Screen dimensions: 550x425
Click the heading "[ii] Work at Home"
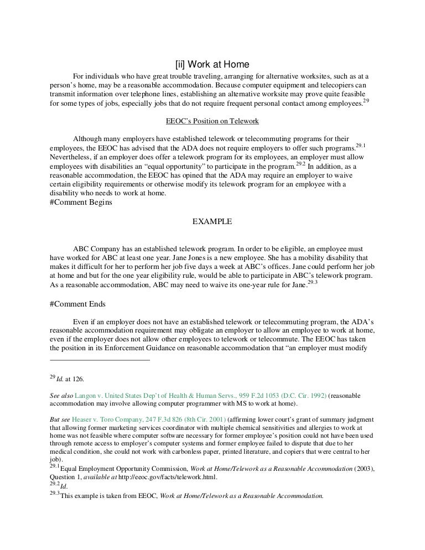[212, 64]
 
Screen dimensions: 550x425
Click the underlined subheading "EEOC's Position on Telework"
[212, 121]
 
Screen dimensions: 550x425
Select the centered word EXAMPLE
[212, 222]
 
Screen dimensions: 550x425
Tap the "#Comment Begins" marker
[81, 202]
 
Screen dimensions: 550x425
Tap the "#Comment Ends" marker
[77, 303]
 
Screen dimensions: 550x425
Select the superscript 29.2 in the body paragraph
[300, 163]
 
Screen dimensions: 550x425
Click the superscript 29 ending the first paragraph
[366, 100]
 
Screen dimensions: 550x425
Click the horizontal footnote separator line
[100, 360]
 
